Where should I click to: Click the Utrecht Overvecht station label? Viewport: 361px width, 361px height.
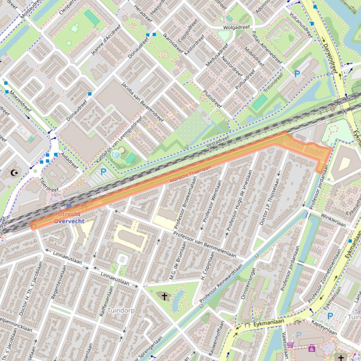tap(67, 218)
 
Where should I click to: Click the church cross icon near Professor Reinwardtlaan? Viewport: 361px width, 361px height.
tap(164, 296)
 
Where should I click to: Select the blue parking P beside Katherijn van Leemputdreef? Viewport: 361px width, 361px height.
tap(103, 173)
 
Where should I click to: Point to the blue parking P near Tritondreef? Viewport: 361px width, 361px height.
tap(297, 74)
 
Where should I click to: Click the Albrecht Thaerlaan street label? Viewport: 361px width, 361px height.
tap(190, 174)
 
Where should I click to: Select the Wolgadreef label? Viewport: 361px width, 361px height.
tap(236, 27)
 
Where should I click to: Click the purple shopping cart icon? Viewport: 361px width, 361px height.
tap(290, 346)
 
